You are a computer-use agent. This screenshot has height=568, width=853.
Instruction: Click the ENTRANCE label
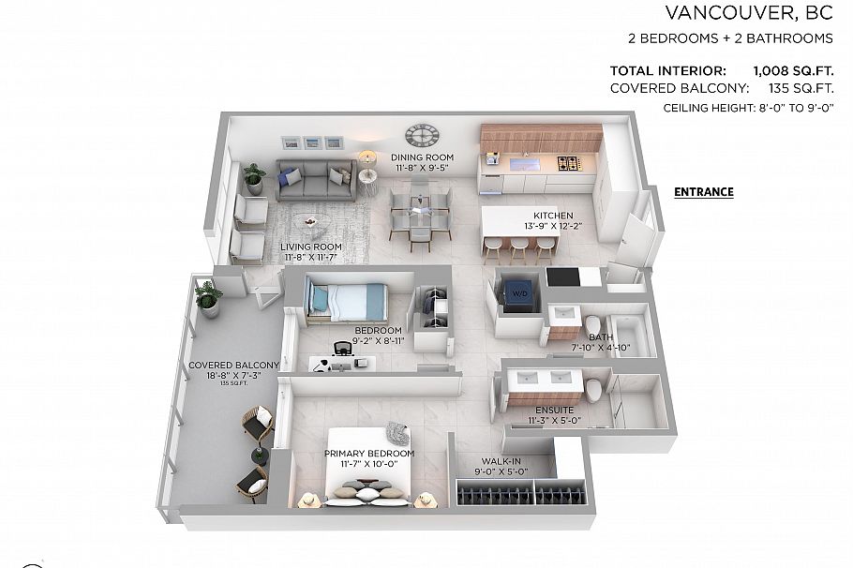703,192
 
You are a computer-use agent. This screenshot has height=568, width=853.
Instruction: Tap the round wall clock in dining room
421,136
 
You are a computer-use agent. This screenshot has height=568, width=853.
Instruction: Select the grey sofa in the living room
315,179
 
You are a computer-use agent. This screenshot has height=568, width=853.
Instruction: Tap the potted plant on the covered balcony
208,297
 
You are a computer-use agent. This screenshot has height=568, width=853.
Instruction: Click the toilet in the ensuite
593,387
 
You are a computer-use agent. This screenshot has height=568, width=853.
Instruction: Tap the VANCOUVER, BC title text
749,12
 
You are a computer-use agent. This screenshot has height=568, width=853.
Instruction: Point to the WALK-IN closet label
501,461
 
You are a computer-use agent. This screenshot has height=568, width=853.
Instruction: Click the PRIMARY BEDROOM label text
369,454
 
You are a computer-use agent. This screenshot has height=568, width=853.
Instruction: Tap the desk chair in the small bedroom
342,350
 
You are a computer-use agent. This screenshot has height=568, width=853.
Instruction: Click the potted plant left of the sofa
254,177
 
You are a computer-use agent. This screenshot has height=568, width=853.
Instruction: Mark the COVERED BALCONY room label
233,365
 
